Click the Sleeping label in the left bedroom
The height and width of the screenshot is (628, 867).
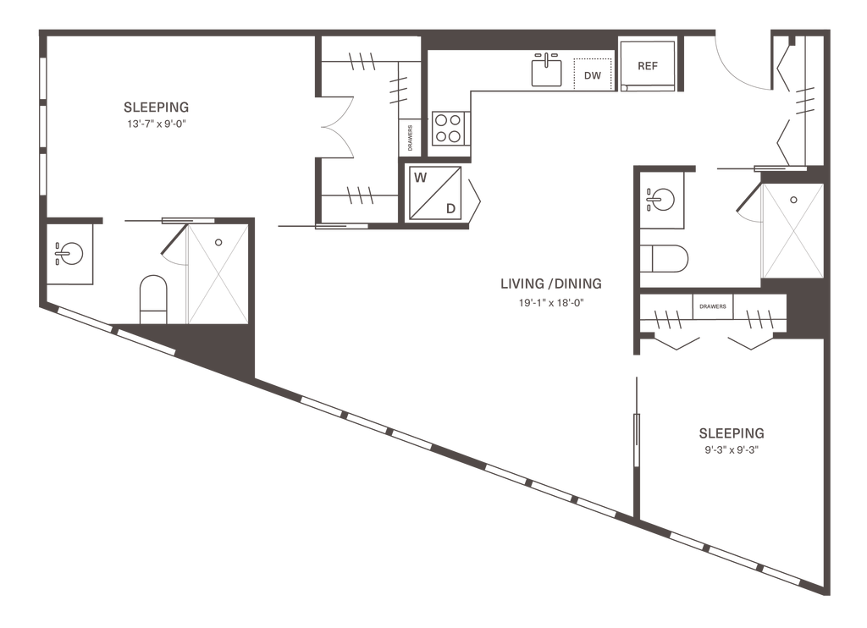point(156,107)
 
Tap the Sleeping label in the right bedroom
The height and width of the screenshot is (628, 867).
point(732,434)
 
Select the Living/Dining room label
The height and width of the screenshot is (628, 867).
point(552,283)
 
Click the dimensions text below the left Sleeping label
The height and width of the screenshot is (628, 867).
point(156,124)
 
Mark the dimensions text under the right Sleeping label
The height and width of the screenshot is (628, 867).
point(732,450)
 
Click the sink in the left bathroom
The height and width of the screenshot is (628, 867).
point(68,251)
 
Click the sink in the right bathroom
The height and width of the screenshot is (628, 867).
point(660,199)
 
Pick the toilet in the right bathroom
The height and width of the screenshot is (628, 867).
point(665,257)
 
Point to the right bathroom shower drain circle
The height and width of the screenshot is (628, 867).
point(793,200)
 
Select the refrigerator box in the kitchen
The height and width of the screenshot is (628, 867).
point(649,64)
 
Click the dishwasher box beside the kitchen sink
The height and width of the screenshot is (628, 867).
point(592,75)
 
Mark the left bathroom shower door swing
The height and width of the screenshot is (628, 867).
point(176,250)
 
